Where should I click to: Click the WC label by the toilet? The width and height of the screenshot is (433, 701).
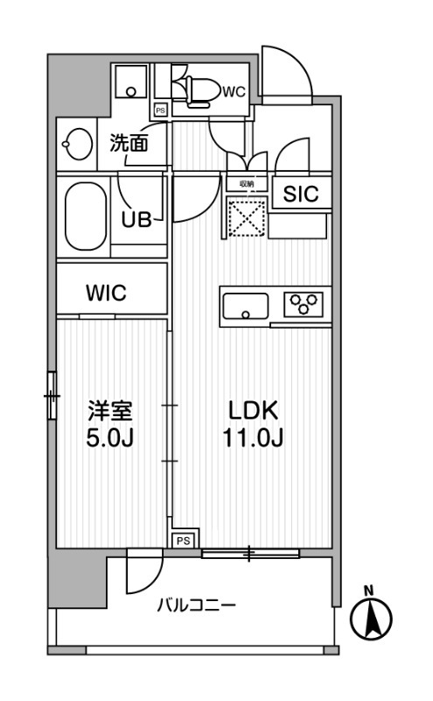(x=234, y=90)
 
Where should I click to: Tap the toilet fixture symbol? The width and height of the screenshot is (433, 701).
(x=194, y=89)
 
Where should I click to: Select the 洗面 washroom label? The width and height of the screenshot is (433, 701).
(x=128, y=143)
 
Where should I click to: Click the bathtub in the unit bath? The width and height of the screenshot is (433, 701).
(x=86, y=216)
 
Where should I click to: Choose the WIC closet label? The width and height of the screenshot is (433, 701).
(x=106, y=294)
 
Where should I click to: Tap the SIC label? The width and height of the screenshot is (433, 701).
(x=300, y=195)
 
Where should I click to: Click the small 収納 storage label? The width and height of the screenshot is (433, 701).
(x=246, y=184)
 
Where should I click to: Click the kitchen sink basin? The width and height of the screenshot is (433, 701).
(x=246, y=308)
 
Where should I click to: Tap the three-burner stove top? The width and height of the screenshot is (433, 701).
(x=304, y=305)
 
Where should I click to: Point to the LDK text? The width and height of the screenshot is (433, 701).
(x=253, y=410)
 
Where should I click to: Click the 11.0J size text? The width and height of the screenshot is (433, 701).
(x=253, y=437)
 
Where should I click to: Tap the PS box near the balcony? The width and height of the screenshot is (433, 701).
(x=184, y=541)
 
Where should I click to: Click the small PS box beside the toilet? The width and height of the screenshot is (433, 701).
(x=160, y=110)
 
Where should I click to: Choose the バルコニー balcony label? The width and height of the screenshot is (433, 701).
(x=196, y=605)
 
